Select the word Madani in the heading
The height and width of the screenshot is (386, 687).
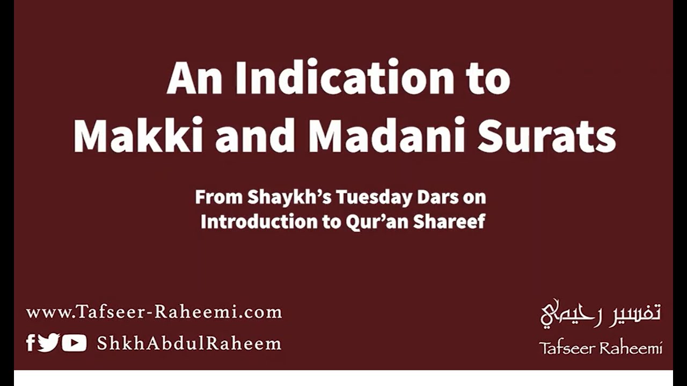click(387, 136)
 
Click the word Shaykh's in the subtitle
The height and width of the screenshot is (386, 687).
click(290, 197)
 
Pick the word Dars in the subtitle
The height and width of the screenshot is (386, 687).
click(436, 197)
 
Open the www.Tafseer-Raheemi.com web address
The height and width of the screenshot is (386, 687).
click(154, 312)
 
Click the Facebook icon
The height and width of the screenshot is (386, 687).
click(31, 343)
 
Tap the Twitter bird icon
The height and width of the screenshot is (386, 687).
click(48, 343)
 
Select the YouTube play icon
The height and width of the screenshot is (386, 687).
click(74, 343)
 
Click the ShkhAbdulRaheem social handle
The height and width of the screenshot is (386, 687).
click(189, 343)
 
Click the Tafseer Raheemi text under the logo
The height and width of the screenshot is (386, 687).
click(601, 348)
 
